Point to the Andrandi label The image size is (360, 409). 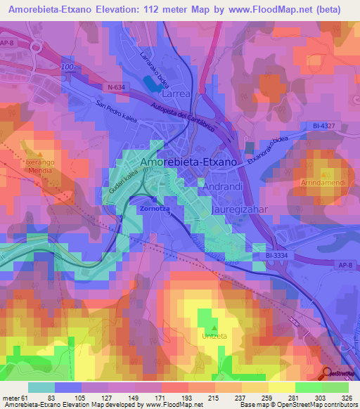[x=223, y=188]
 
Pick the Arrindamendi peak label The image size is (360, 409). [x=322, y=183]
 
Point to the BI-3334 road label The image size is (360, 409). [x=278, y=257]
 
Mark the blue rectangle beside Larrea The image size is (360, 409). [x=151, y=84]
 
